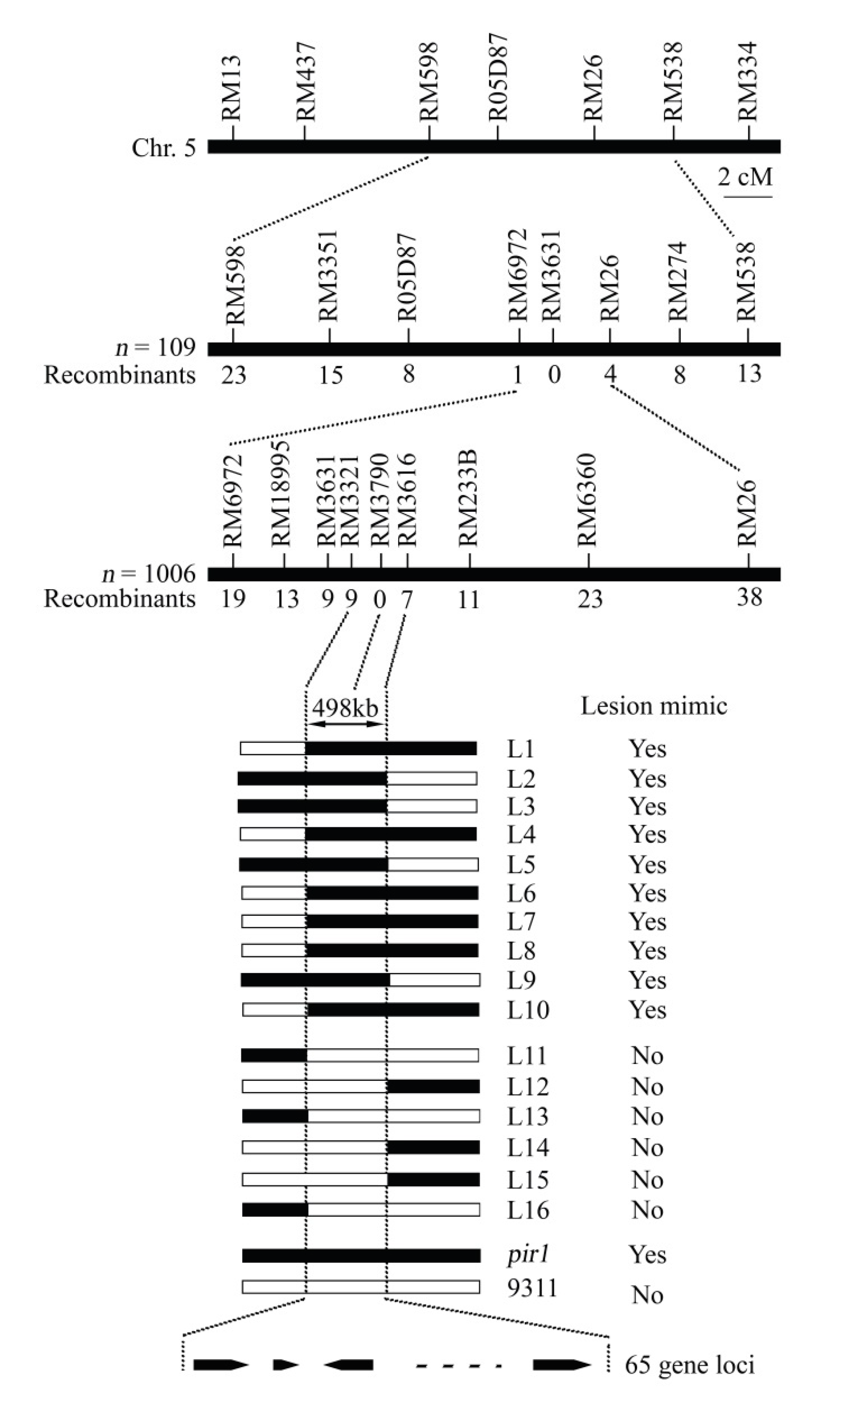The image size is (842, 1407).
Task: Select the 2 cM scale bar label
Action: point(745,177)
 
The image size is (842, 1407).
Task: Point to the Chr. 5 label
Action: point(163,148)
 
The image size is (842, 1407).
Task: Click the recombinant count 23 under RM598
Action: point(234,375)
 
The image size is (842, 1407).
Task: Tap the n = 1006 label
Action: point(148,574)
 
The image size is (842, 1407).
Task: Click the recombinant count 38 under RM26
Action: point(749,597)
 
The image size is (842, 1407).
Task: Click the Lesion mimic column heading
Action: point(654,706)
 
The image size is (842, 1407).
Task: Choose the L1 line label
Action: point(521,749)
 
